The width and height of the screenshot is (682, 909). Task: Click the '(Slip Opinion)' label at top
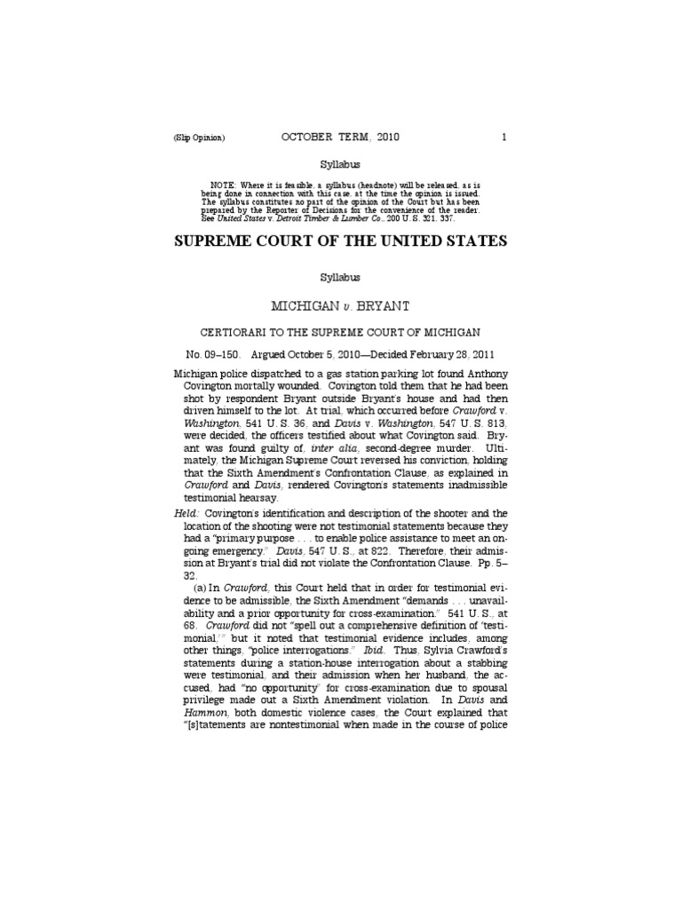point(200,138)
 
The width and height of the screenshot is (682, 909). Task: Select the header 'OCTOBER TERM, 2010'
point(341,138)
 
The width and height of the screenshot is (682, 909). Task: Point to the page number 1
point(504,138)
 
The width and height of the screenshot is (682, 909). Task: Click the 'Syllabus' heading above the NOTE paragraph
point(341,165)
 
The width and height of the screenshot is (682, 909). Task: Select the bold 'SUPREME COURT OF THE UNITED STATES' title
point(341,241)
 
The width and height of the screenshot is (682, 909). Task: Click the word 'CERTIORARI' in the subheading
point(236,332)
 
